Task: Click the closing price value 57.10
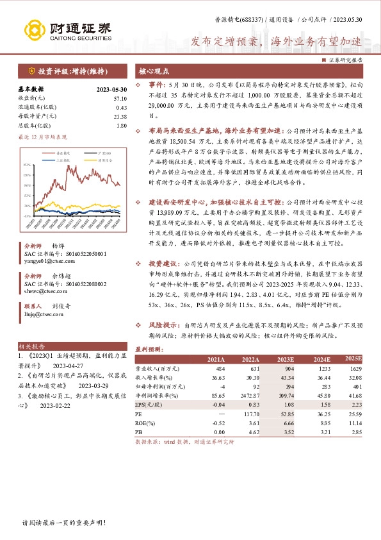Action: (x=119, y=98)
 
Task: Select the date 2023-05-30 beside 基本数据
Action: (x=111, y=89)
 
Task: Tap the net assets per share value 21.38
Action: (x=119, y=116)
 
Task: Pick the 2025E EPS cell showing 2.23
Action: (x=355, y=405)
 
